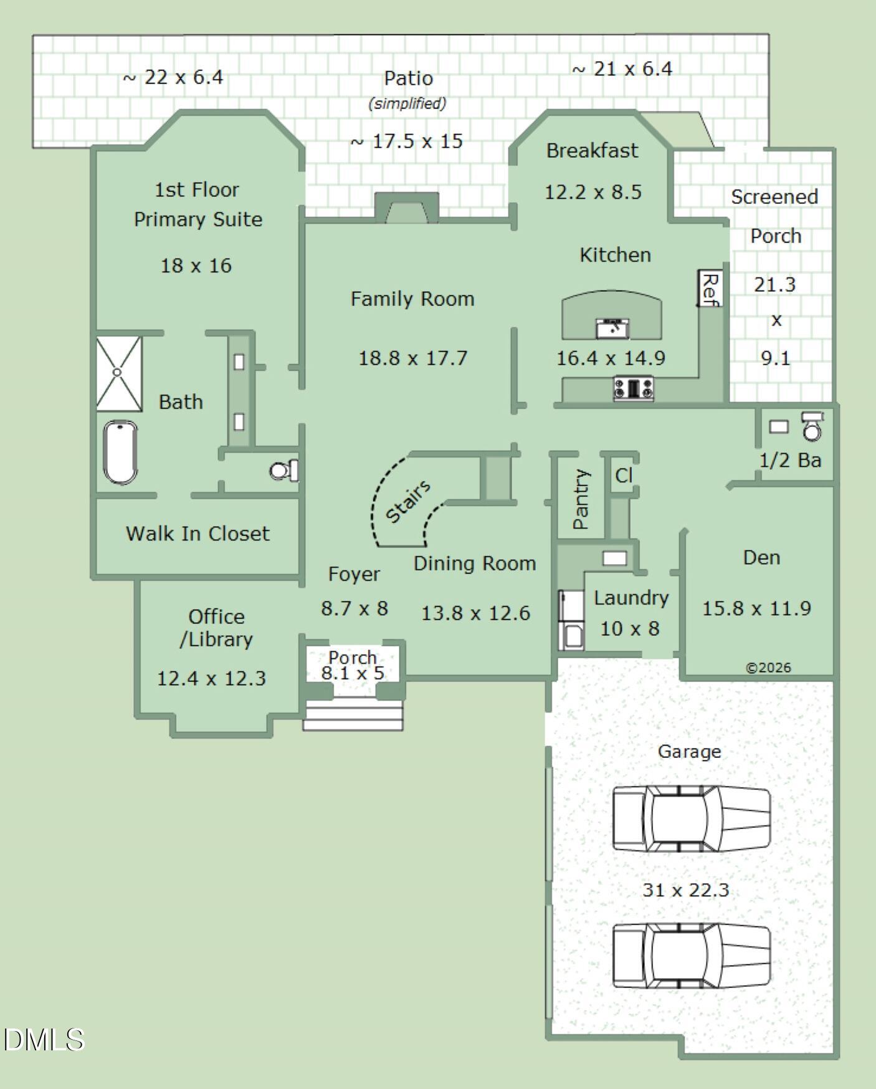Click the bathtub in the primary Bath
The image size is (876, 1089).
(x=120, y=453)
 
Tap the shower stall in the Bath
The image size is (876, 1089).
(x=119, y=373)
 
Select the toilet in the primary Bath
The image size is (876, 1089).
(x=284, y=470)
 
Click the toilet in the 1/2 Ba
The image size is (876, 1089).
(x=812, y=426)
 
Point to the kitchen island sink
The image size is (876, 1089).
(x=612, y=328)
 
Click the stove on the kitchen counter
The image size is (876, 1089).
(x=634, y=388)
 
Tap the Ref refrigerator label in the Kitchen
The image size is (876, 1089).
(x=710, y=288)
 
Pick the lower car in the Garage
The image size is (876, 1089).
(x=692, y=956)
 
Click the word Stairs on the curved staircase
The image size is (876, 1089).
(x=408, y=501)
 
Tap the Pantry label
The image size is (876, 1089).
(x=580, y=499)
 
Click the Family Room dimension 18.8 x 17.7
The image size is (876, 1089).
(x=412, y=358)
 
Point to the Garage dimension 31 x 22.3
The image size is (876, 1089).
(x=685, y=890)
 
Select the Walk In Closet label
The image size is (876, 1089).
(x=198, y=534)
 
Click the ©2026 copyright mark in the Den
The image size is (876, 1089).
(x=768, y=668)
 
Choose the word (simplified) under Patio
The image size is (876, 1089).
(x=407, y=103)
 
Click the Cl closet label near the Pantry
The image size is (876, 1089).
(x=624, y=476)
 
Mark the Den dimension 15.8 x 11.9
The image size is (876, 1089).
(x=756, y=608)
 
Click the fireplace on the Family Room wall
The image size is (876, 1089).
(x=407, y=208)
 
